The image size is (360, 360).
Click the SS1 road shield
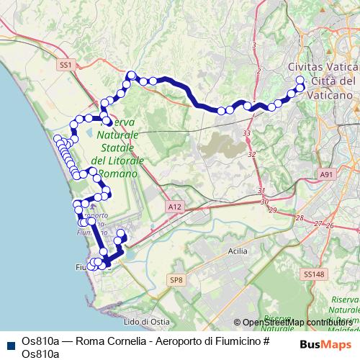(66, 65)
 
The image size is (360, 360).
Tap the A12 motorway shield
(174, 207)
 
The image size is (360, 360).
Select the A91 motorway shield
(328, 174)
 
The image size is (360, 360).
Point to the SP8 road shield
(177, 279)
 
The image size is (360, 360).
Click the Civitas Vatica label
(322, 66)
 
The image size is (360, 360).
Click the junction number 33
(247, 134)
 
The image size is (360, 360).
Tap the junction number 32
(251, 155)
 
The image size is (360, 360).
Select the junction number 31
(260, 190)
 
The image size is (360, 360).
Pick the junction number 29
(272, 210)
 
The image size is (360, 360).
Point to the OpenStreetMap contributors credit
(295, 322)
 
